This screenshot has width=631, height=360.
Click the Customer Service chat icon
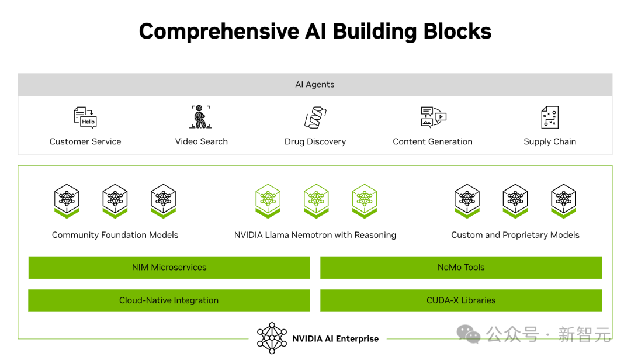[x=85, y=117]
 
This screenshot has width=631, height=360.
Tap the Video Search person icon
[x=200, y=117]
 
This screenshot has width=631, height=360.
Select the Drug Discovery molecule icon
[x=315, y=117]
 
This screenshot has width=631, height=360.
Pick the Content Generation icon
[x=434, y=117]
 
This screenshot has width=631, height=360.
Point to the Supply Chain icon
[x=550, y=117]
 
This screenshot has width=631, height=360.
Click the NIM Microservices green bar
[x=169, y=268]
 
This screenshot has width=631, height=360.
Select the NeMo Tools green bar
[x=461, y=268]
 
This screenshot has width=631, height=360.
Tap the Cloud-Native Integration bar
[x=169, y=300]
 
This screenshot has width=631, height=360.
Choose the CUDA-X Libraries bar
[x=461, y=300]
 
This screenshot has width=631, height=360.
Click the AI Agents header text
[x=315, y=85]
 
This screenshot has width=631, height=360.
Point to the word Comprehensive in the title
[x=219, y=32]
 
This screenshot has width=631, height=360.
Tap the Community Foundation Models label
[x=115, y=235]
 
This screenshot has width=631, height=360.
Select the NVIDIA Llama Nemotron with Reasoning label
[x=315, y=235]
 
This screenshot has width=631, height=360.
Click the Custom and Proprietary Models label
[x=515, y=235]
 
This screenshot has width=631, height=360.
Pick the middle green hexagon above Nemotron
[x=316, y=201]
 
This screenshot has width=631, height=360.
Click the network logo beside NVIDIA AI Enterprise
[x=272, y=338]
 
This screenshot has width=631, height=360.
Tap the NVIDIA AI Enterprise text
[x=335, y=338]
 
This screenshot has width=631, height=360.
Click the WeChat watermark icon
[x=469, y=334]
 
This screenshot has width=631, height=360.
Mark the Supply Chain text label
[x=550, y=142]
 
